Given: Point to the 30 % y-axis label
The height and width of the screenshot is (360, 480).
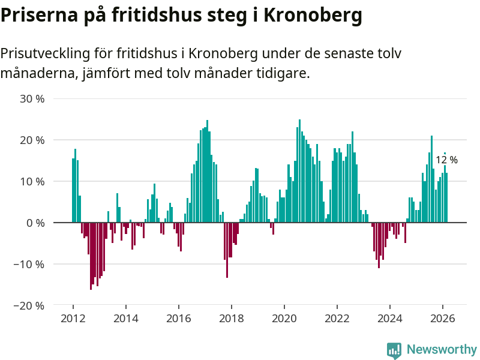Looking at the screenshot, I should click(32, 98).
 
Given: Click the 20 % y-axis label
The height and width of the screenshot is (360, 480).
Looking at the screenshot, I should click(32, 140).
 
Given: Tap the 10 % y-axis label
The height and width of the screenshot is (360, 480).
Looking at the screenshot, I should click(32, 181).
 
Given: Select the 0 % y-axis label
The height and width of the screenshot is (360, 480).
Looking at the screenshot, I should click(35, 223).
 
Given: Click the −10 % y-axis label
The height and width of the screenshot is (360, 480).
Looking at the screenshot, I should click(29, 264).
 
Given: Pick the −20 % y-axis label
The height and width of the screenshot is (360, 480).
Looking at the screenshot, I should click(29, 305).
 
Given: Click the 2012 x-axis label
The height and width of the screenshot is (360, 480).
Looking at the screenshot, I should click(73, 318).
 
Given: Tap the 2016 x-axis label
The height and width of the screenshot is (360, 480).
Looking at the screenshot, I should click(178, 318).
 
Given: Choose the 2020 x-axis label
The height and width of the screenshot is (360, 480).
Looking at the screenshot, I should click(284, 318).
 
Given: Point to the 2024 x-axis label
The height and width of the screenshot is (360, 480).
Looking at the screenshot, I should click(390, 318).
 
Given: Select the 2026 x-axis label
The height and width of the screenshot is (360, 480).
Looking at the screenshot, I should click(443, 318).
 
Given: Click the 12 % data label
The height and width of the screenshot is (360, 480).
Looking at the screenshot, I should click(446, 160).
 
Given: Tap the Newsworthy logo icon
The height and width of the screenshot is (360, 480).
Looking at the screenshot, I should click(394, 350).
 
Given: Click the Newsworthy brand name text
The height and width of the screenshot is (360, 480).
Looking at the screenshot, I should click(442, 349).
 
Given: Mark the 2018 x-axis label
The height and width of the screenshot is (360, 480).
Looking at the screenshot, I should click(231, 318).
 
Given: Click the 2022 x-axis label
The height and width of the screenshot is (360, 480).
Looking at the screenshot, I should click(337, 318).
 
